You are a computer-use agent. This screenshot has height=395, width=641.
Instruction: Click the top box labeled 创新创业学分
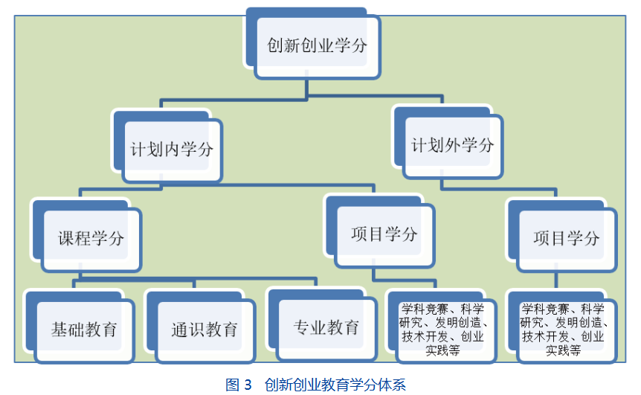click(317, 46)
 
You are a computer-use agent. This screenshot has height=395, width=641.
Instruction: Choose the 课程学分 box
click(91, 239)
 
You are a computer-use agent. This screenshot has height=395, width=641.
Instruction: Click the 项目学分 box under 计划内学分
click(384, 235)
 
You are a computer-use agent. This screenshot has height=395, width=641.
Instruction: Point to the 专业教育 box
click(326, 327)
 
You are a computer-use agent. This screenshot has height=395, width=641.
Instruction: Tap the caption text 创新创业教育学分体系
click(335, 385)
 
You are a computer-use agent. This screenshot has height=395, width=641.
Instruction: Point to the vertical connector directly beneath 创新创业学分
click(306, 89)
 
